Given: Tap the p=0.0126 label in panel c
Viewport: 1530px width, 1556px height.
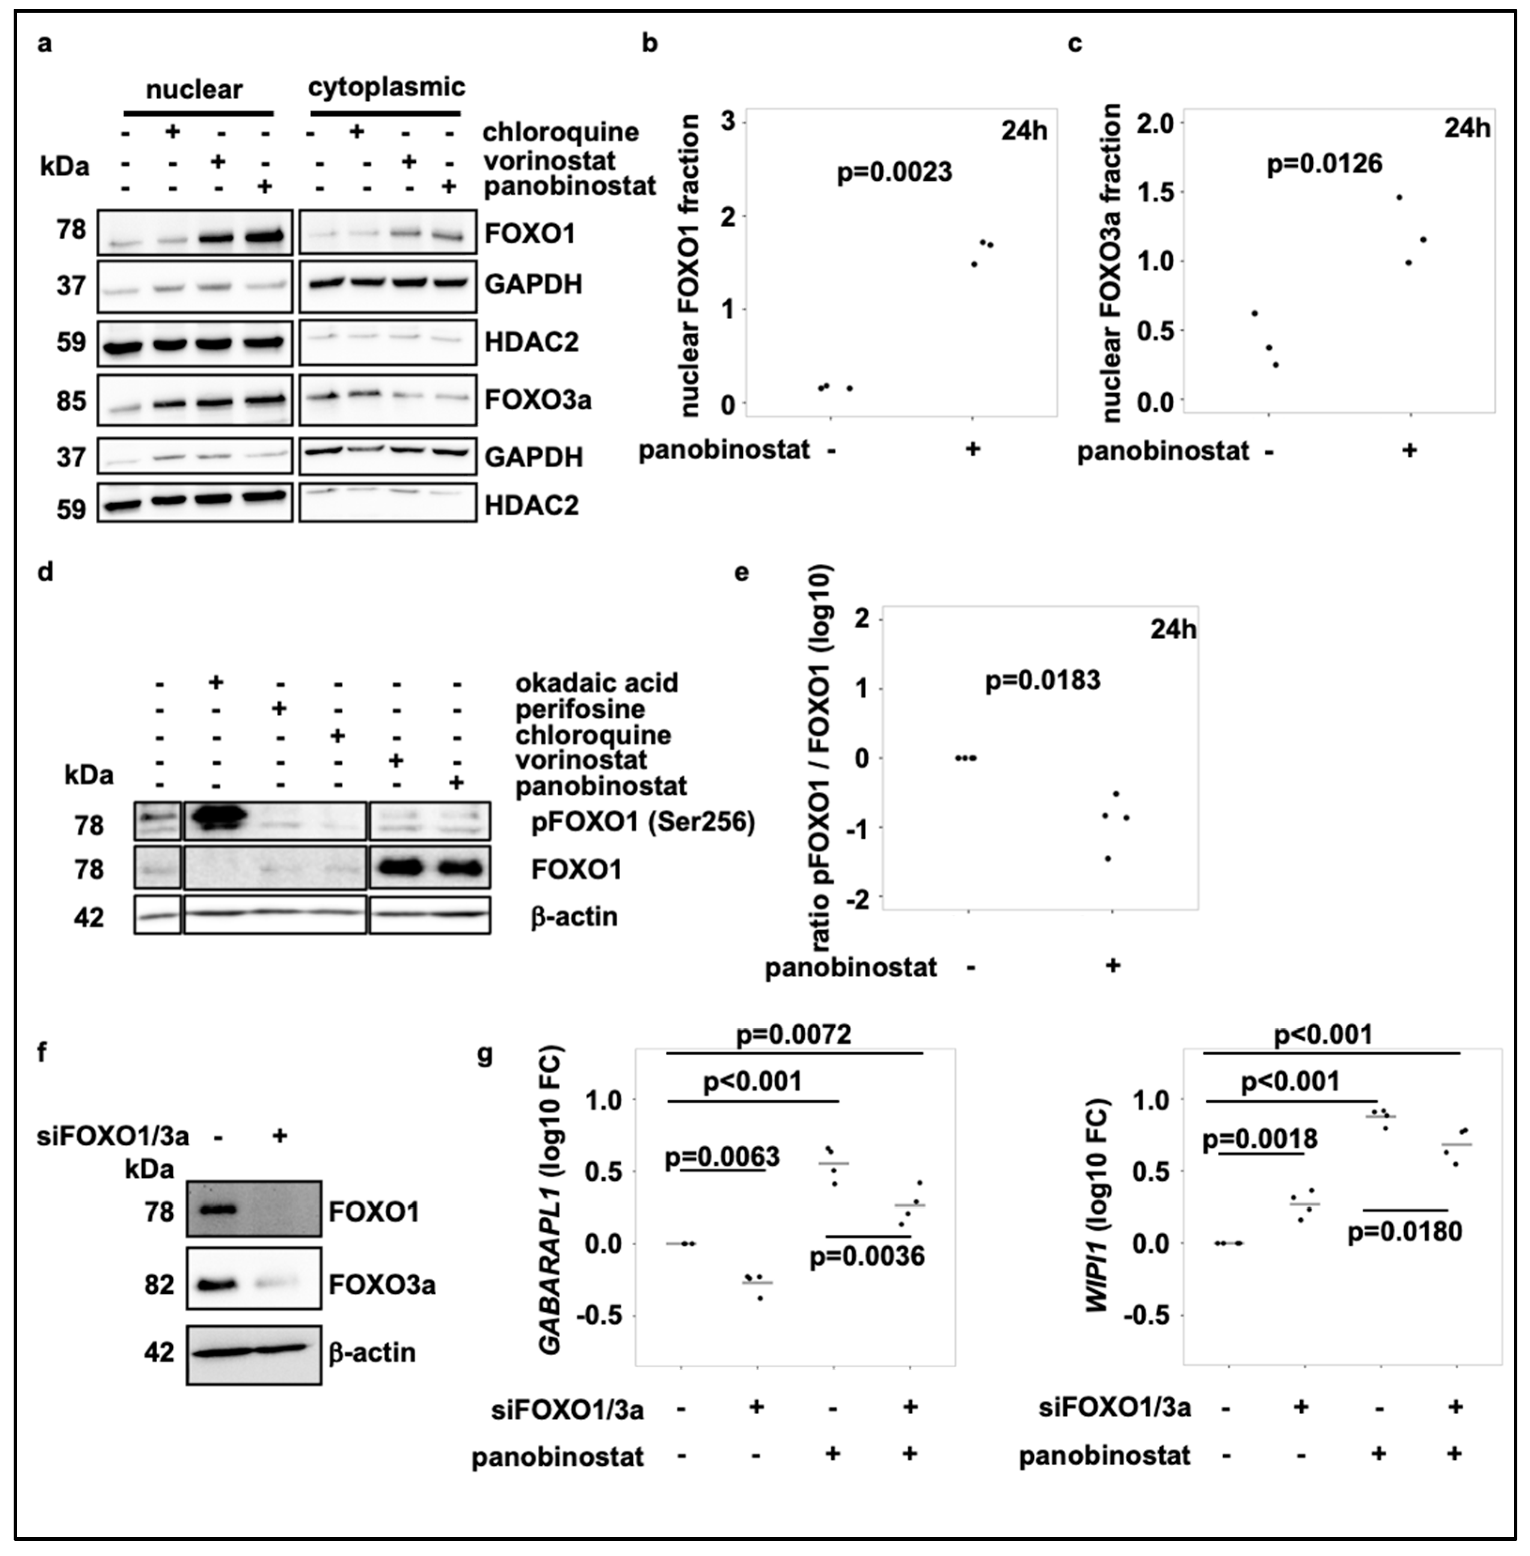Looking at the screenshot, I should tap(1324, 165).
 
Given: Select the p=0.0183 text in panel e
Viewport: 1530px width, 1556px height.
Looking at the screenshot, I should tap(1042, 681).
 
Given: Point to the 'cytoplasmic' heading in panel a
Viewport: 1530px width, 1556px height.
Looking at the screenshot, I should tap(386, 87).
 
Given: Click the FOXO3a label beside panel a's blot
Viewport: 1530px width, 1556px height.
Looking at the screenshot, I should tap(538, 400).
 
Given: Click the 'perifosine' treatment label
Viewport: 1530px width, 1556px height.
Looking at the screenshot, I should tap(579, 709).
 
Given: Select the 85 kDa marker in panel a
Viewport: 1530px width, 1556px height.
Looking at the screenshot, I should tap(71, 400).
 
